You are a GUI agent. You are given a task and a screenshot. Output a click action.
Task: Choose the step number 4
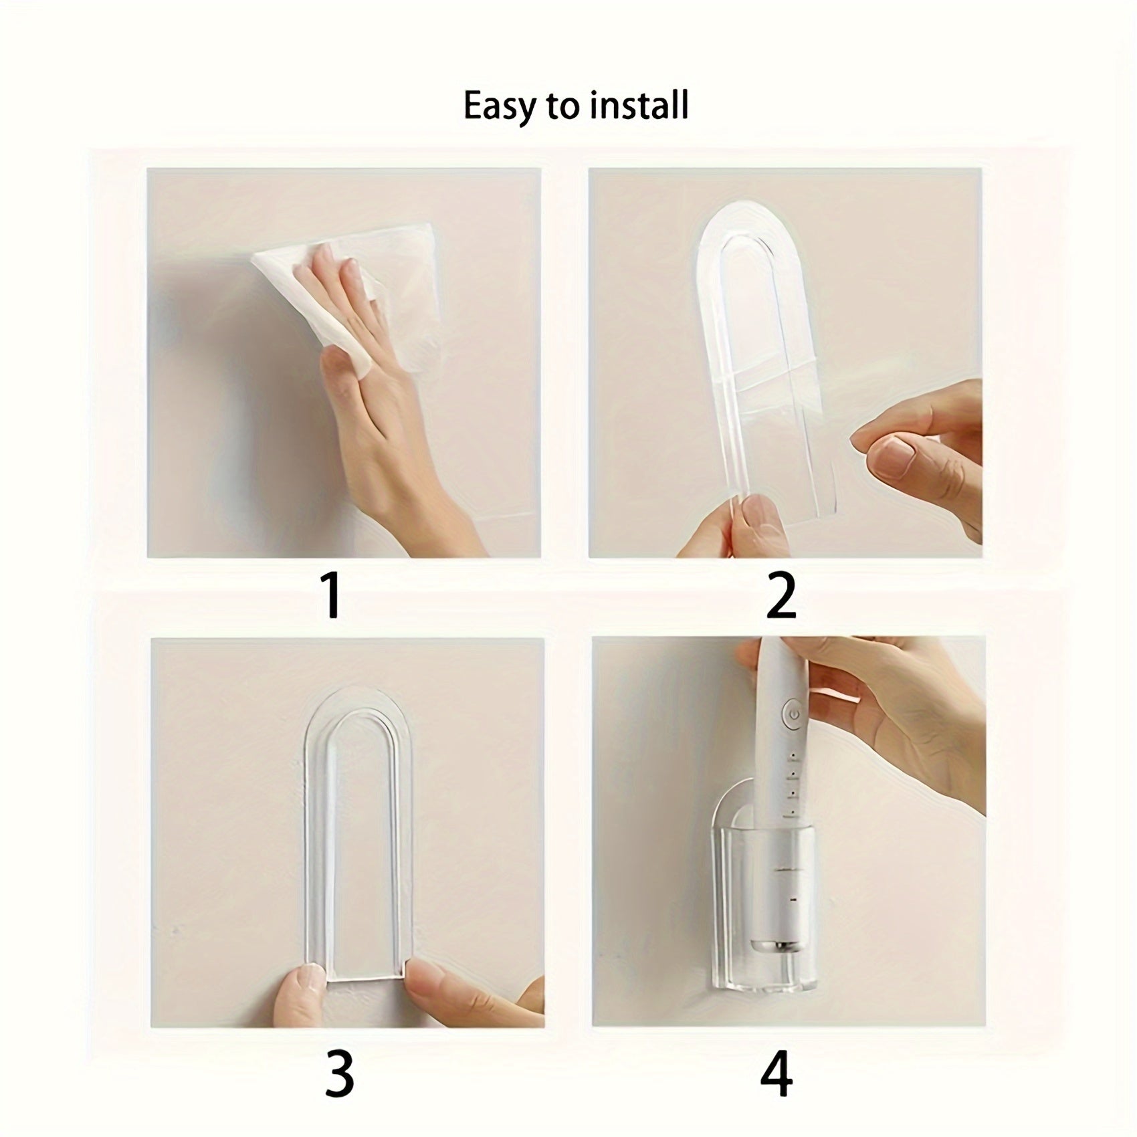776,1071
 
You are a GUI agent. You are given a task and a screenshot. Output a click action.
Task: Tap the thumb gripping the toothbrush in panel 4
799,659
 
